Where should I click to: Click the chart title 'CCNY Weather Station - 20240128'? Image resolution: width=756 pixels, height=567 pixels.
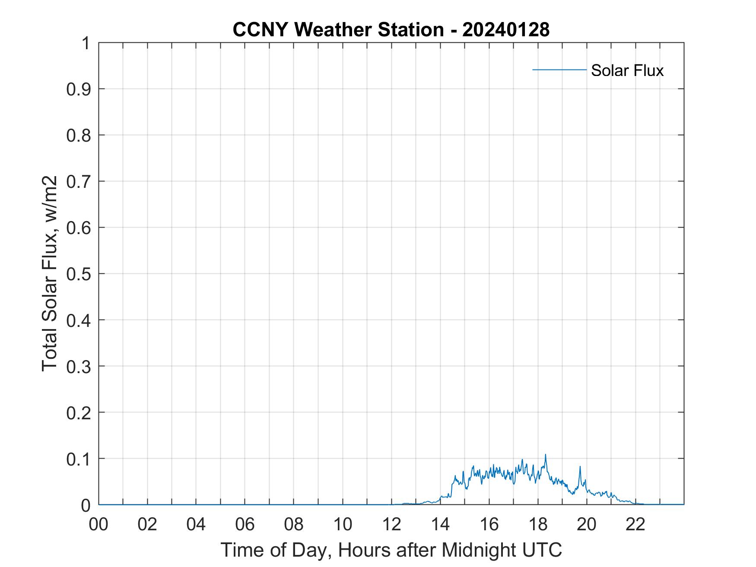391,30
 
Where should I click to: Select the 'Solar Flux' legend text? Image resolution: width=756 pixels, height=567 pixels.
627,70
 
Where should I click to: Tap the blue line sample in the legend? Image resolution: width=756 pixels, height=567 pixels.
559,70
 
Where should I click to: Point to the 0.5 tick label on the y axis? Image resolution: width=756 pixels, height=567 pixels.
78,274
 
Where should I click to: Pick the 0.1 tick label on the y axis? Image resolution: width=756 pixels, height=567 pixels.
78,459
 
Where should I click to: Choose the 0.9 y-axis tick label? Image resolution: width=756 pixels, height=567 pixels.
78,89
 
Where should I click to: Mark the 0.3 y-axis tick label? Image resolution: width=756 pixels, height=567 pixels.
78,366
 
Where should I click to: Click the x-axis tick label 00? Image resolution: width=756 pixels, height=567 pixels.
98,524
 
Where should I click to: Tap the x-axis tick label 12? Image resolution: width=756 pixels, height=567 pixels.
391,524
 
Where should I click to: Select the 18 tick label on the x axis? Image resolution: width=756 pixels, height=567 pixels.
538,524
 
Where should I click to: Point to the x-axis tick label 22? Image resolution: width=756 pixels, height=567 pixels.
635,524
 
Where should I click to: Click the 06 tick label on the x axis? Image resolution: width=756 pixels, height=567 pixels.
245,524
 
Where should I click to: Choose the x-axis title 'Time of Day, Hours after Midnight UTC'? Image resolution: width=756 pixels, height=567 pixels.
391,550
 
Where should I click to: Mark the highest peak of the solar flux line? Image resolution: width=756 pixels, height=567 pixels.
545,455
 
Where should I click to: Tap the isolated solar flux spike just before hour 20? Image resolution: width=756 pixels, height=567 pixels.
580,467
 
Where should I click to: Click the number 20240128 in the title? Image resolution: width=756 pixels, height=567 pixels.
506,30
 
